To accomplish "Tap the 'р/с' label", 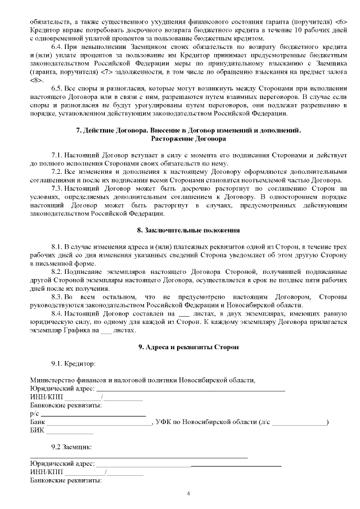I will [x=34, y=413].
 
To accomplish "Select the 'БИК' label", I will [x=36, y=430].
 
